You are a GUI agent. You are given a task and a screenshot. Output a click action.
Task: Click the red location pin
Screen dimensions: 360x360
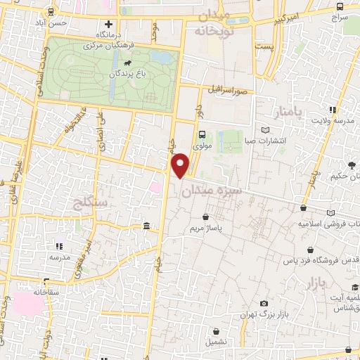click(x=181, y=165)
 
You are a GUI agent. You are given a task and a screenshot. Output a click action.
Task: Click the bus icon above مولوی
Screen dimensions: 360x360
click(x=202, y=134)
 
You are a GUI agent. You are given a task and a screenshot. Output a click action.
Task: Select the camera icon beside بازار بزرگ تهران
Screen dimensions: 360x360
click(x=264, y=304)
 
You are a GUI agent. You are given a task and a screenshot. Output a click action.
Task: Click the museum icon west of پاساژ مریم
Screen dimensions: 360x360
click(x=146, y=226)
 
